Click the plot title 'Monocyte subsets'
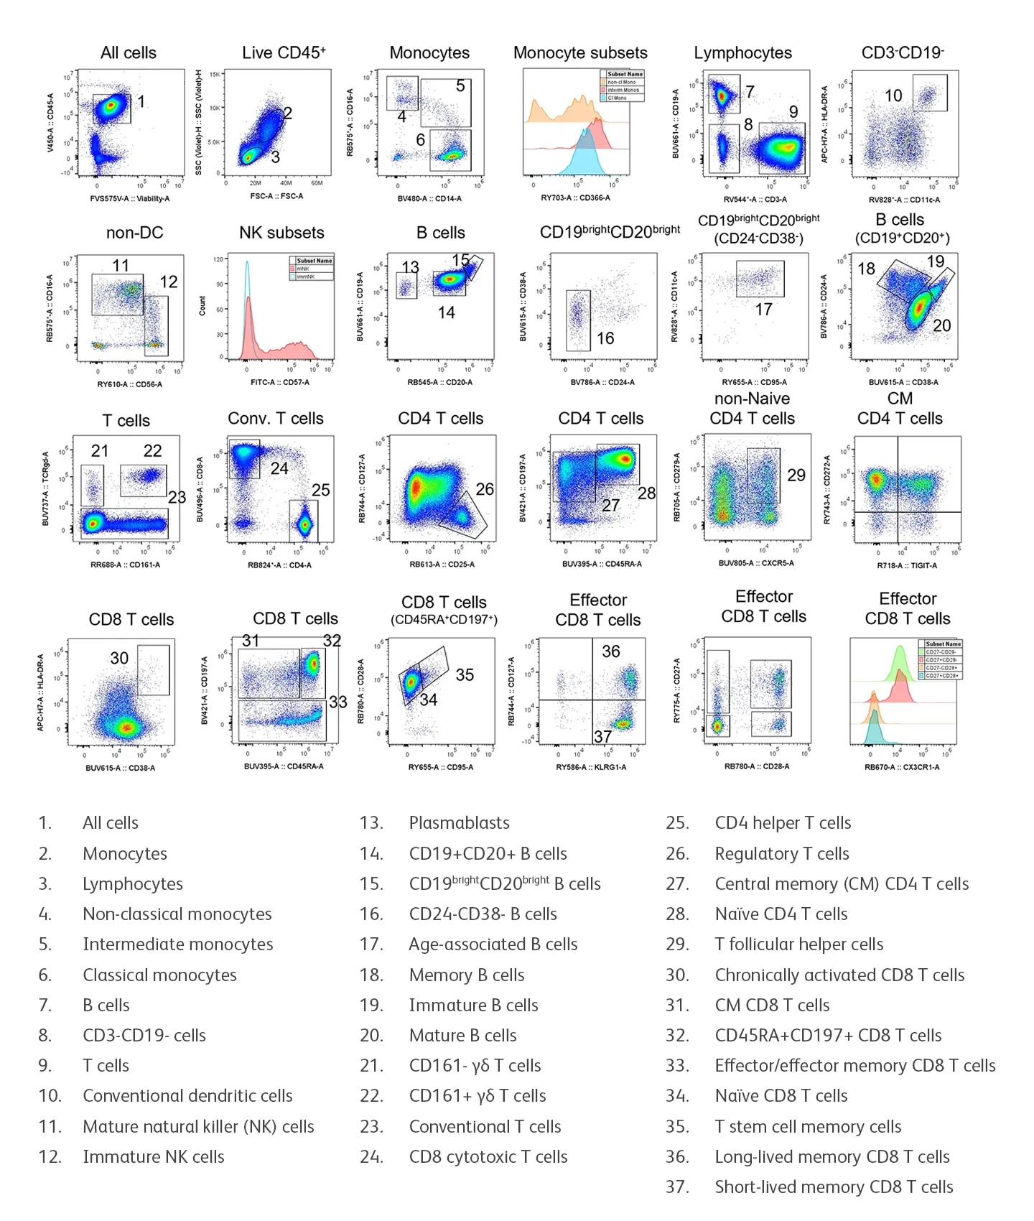pos(580,53)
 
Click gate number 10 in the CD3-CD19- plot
pos(893,96)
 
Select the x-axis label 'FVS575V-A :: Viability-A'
pos(129,199)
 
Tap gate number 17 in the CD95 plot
pos(763,309)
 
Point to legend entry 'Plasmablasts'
pos(459,823)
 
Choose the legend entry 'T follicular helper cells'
pos(798,944)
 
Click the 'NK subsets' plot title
pos(281,233)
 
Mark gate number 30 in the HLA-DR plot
pos(119,658)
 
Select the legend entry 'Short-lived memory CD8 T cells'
pos(834,1187)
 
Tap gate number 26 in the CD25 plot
pos(485,489)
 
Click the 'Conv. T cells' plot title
pos(276,419)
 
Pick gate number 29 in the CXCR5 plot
pos(796,475)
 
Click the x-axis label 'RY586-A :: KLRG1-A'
pos(591,767)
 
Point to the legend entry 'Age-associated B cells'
pos(493,944)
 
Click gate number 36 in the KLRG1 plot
pos(610,651)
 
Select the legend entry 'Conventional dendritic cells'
pos(187,1096)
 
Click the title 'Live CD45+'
pos(284,53)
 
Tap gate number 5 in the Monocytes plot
pos(460,86)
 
